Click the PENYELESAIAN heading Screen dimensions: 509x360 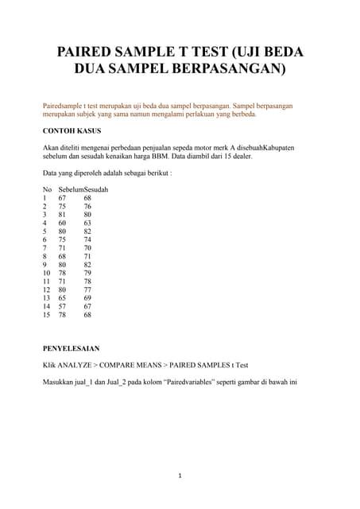(71, 348)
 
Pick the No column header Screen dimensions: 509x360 (47, 190)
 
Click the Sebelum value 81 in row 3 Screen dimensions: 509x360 (62, 215)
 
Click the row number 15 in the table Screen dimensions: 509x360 (47, 315)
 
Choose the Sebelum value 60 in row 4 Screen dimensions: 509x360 (62, 223)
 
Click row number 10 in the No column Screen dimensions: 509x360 (47, 274)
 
